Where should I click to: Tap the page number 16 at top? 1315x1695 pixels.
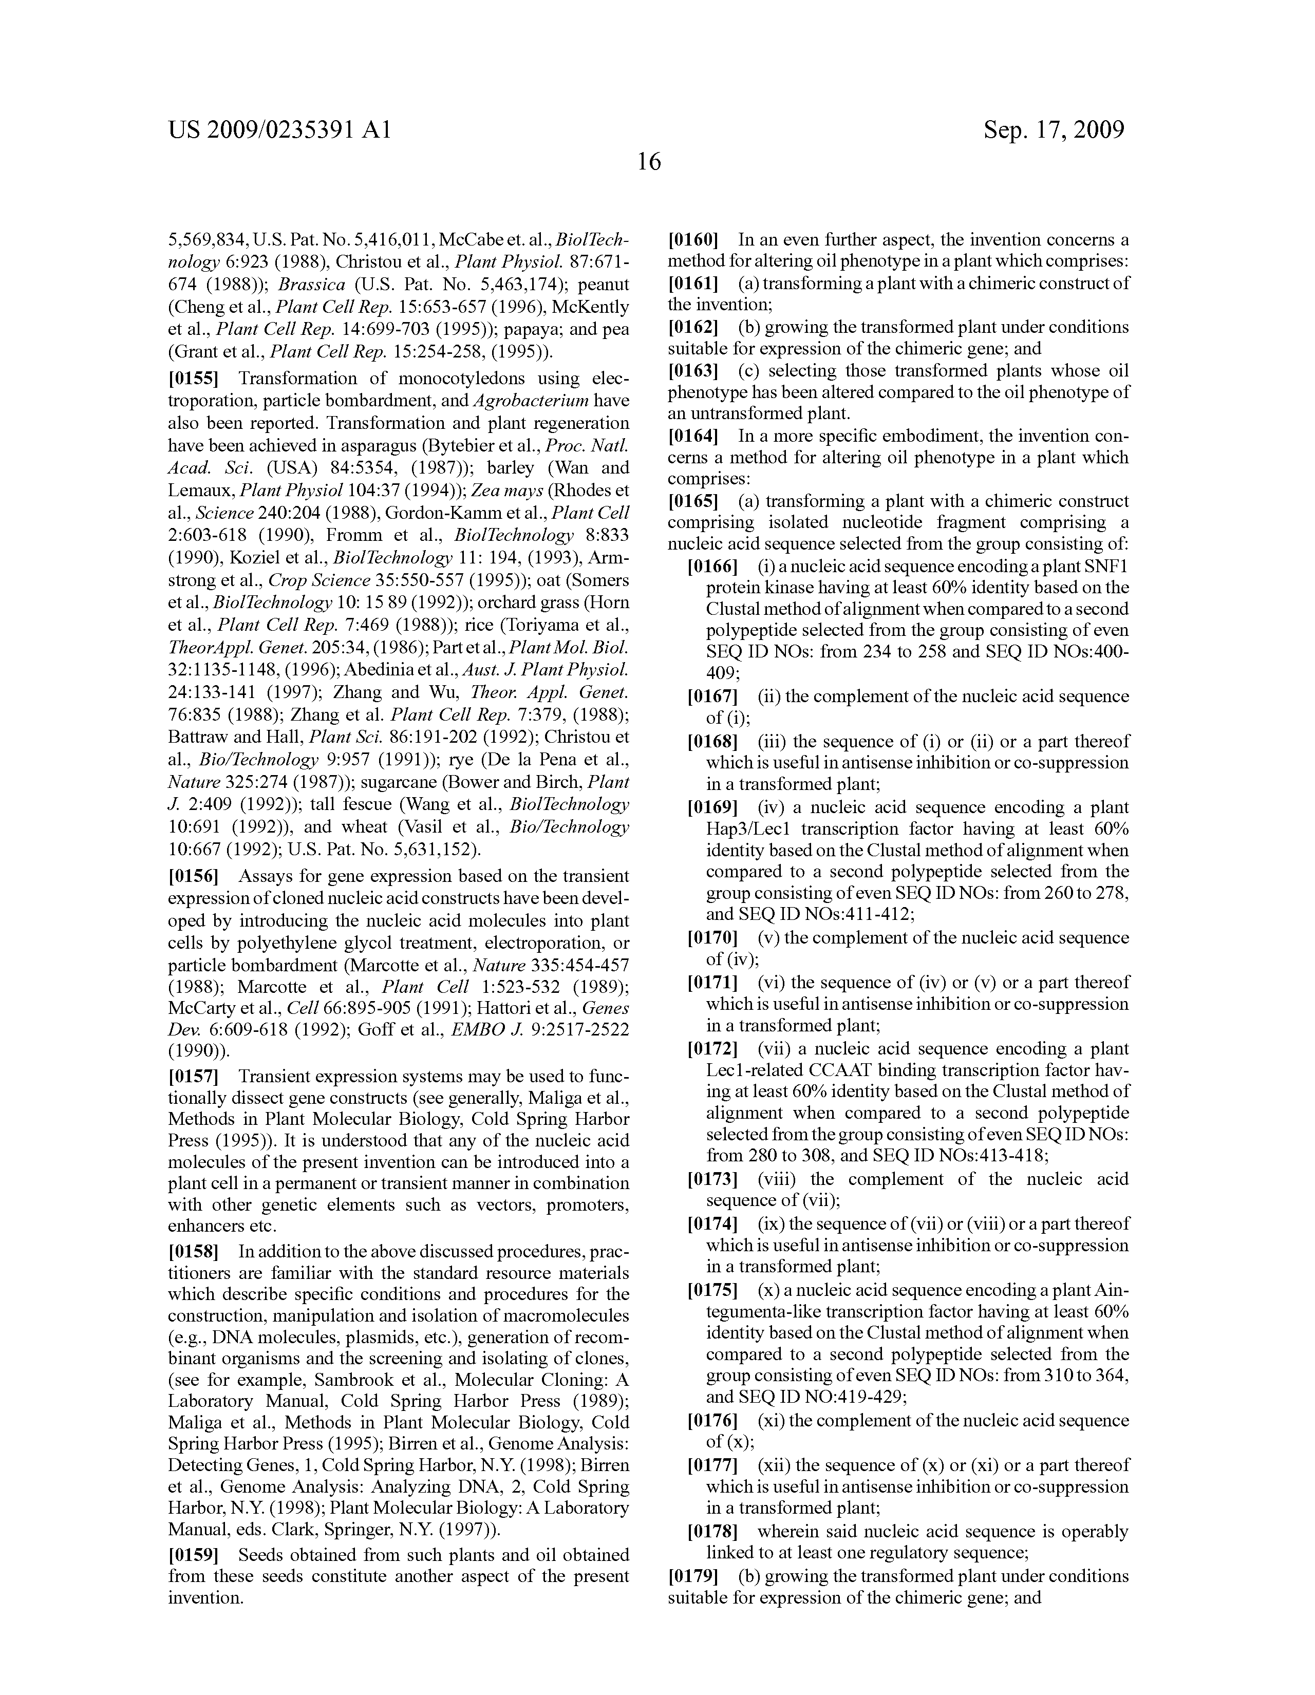(x=648, y=162)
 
